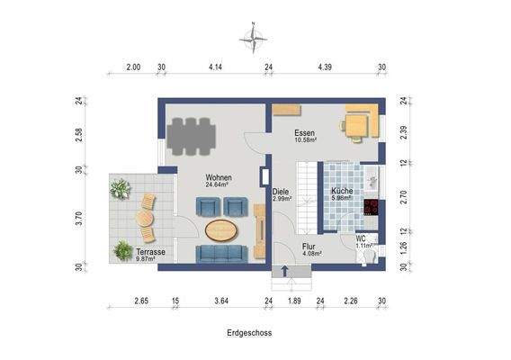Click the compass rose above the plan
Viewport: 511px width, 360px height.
254,37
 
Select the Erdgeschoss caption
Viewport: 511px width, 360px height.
249,332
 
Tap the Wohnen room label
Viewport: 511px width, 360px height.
218,177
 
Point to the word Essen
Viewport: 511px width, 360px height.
303,132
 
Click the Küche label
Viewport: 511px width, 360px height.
341,191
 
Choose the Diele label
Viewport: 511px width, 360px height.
280,191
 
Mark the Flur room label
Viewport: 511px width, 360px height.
309,245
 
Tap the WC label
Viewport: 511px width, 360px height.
362,238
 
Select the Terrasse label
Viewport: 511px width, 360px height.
150,251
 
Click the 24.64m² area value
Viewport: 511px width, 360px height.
218,185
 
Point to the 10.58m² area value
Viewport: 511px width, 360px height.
304,140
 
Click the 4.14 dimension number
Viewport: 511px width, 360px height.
215,67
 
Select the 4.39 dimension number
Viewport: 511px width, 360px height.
325,67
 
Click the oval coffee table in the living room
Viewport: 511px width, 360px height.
223,229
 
